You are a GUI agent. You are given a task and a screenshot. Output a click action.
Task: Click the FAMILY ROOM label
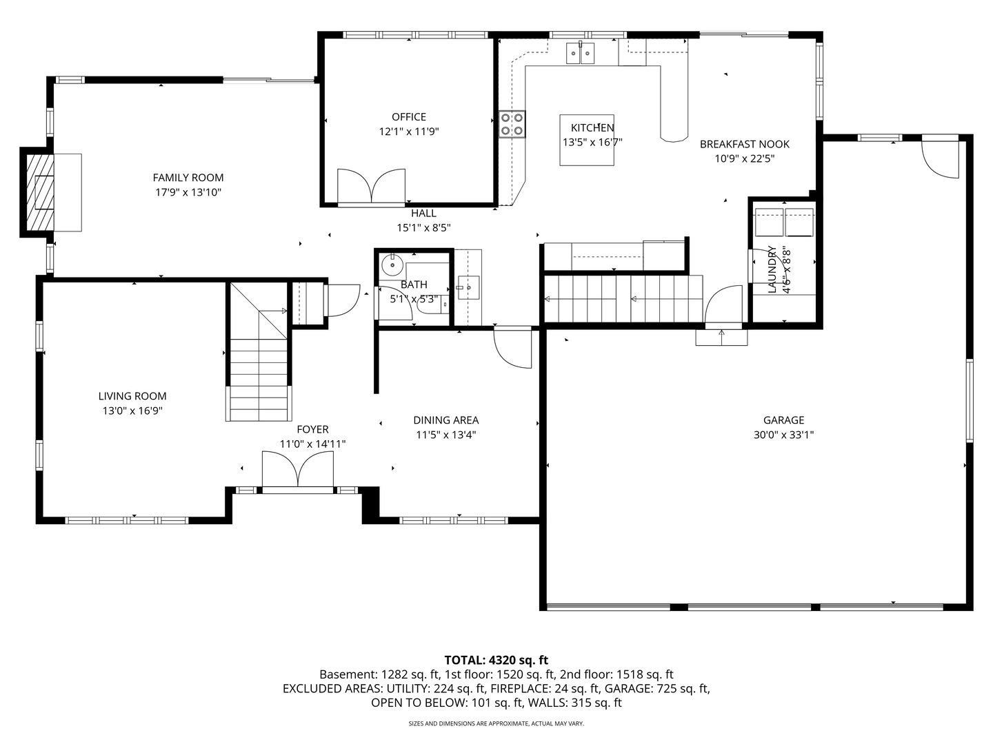click(188, 178)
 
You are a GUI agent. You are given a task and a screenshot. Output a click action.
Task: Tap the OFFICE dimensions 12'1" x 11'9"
click(409, 132)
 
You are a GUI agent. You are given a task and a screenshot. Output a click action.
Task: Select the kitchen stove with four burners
click(512, 124)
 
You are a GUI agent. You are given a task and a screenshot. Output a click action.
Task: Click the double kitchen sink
click(581, 53)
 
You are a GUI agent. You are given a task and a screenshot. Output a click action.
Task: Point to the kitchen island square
click(587, 140)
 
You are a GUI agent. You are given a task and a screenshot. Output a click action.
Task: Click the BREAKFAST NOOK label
click(745, 144)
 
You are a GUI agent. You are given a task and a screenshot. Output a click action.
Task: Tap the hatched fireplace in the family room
click(40, 192)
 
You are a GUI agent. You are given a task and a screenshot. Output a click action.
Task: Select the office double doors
click(372, 186)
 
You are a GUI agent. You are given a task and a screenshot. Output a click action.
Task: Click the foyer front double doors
click(298, 468)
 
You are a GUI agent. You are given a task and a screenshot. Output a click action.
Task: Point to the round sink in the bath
click(392, 265)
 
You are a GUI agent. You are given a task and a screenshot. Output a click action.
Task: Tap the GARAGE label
click(783, 420)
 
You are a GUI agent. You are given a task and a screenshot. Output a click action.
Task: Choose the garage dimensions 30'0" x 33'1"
click(783, 435)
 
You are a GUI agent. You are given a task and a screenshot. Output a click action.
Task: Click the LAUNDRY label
click(772, 269)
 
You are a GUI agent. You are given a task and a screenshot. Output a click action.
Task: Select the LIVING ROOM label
click(132, 396)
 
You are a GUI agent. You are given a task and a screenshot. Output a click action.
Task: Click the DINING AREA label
click(446, 420)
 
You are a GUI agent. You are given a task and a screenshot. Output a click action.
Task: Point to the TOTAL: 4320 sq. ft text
click(496, 661)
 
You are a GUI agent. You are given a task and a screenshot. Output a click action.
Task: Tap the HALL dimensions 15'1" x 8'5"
click(424, 227)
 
